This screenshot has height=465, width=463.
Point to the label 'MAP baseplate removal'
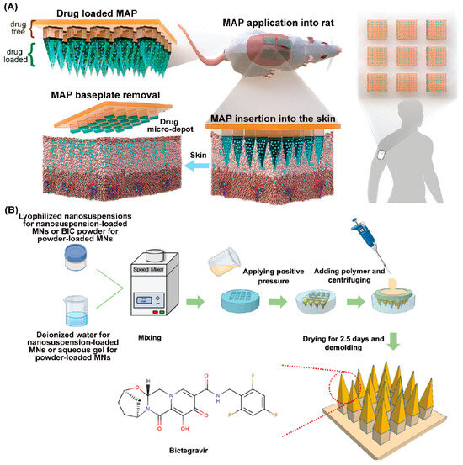pyautogui.click(x=81, y=107)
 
